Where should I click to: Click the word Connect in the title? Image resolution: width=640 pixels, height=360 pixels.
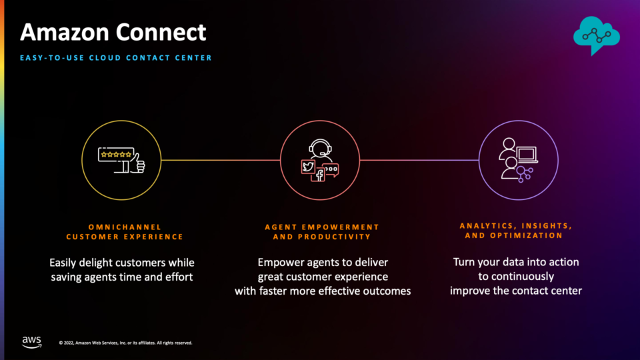[161, 32]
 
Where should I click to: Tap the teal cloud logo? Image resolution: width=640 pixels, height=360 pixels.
[596, 35]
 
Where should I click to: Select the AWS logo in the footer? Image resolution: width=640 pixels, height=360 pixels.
[31, 342]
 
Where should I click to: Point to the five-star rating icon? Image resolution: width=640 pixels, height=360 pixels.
[116, 154]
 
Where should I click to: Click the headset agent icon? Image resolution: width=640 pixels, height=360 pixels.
[321, 149]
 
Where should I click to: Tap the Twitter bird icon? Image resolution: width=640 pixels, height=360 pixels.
[308, 167]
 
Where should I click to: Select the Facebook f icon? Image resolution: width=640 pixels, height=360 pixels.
[319, 175]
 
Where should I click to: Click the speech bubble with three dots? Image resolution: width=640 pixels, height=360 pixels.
[331, 170]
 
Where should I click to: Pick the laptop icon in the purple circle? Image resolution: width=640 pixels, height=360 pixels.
[527, 155]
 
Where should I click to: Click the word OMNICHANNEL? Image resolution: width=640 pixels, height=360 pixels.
[125, 227]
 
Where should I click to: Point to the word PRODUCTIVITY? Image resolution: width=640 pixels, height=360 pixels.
[334, 237]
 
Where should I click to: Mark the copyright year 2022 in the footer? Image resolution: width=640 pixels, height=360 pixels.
[69, 343]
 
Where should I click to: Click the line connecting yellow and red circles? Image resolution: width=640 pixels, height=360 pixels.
[221, 160]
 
